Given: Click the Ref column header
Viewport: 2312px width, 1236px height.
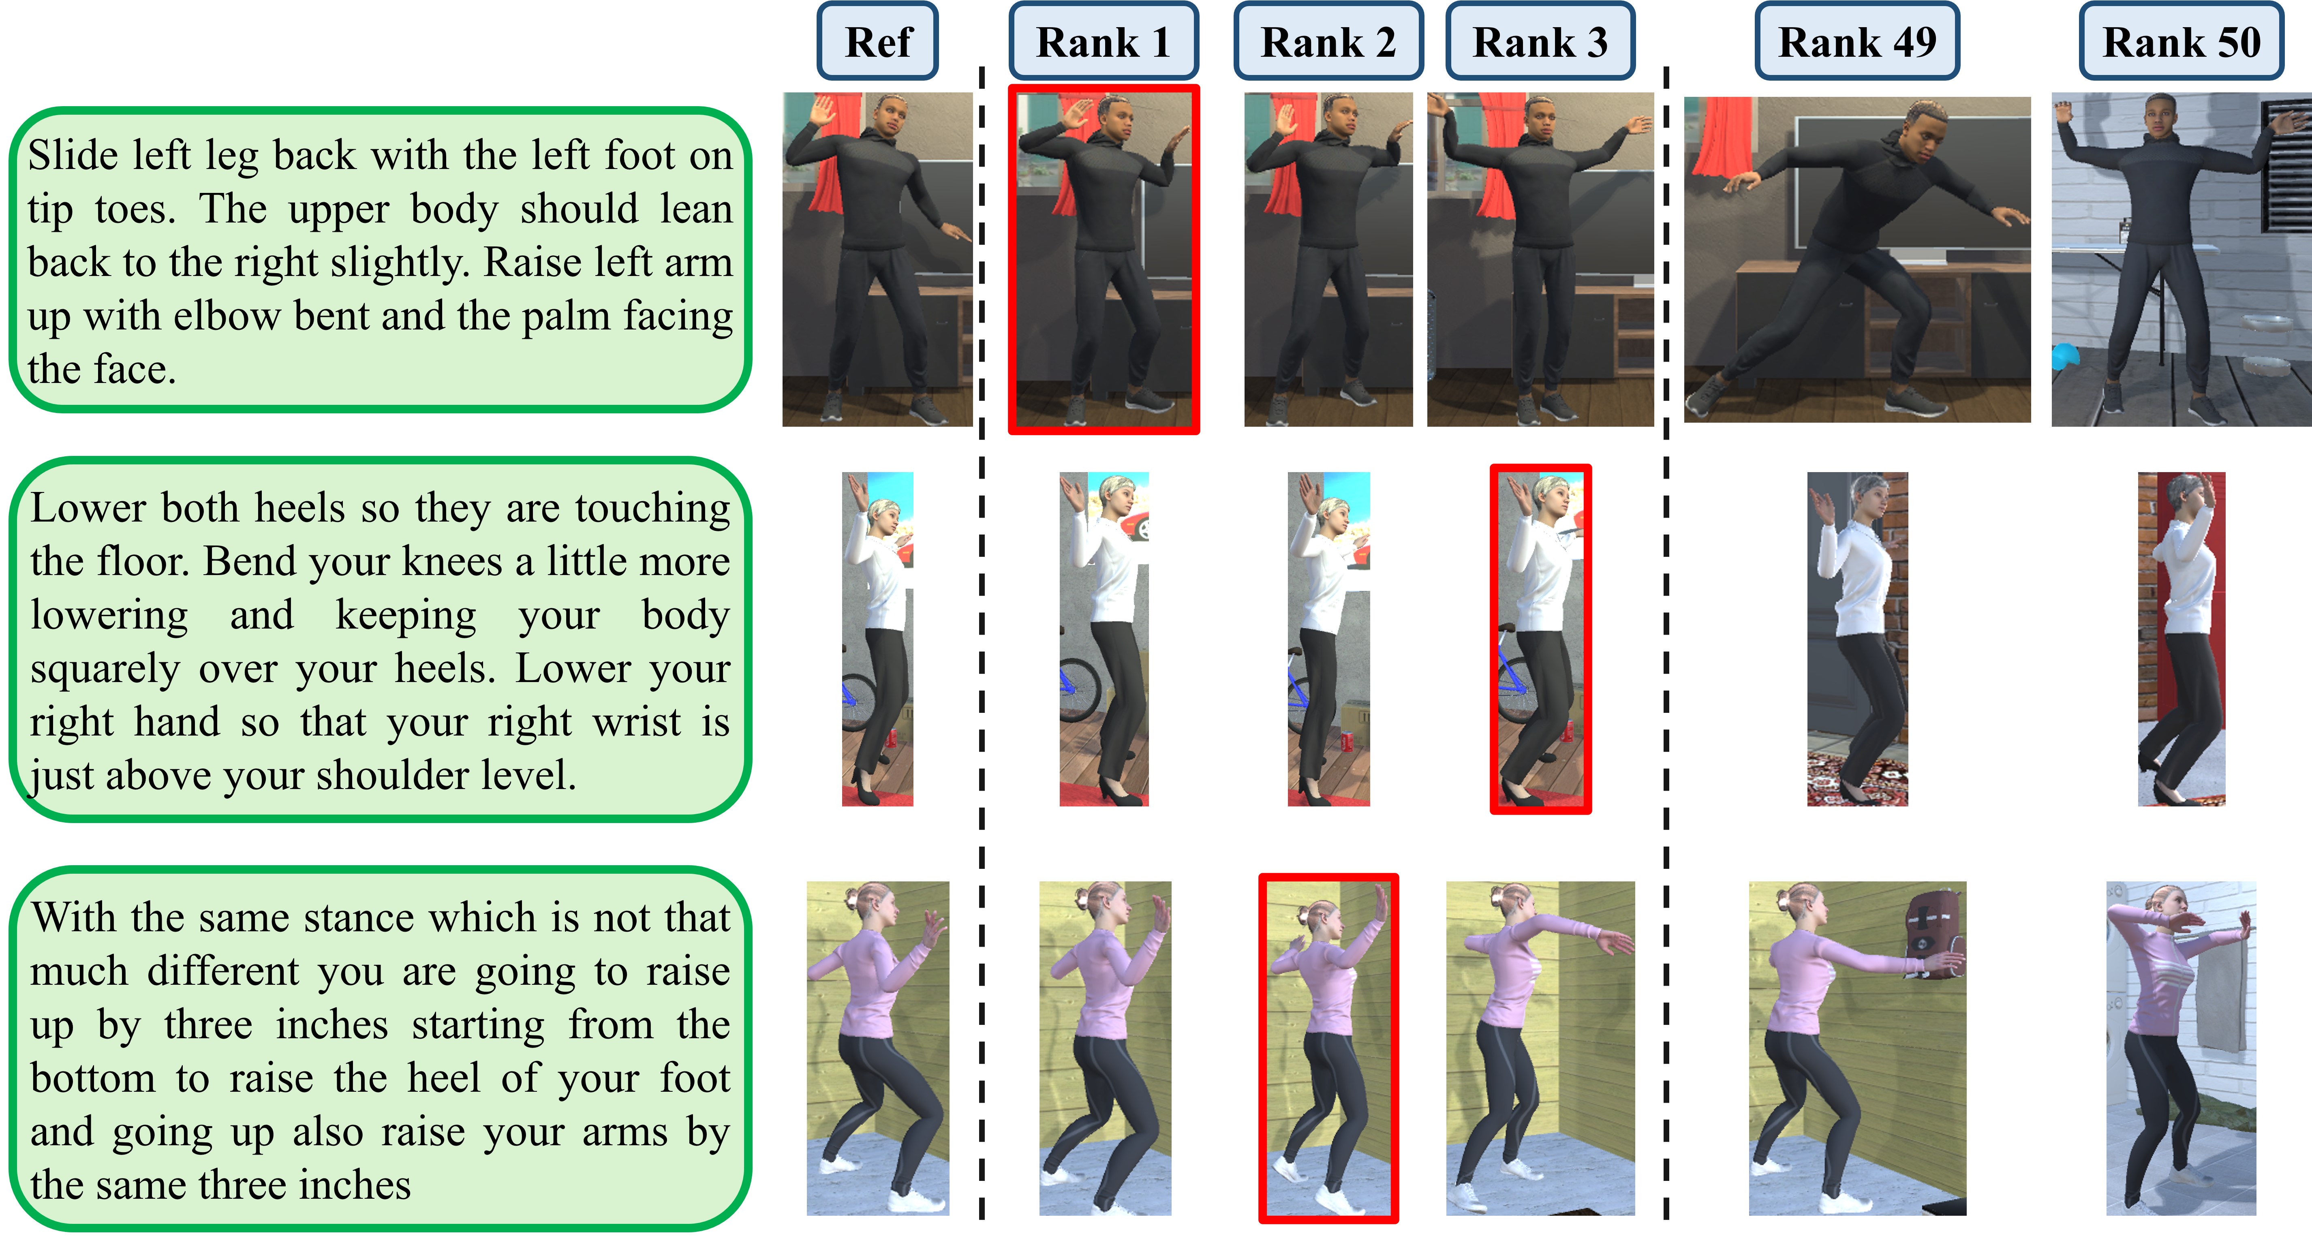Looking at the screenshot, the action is pyautogui.click(x=878, y=41).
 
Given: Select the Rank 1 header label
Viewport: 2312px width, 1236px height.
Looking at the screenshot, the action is pyautogui.click(x=1103, y=41).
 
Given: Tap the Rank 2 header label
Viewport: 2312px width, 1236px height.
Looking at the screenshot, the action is pyautogui.click(x=1328, y=41).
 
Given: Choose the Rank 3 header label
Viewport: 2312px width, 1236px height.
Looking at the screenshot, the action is pyautogui.click(x=1540, y=41).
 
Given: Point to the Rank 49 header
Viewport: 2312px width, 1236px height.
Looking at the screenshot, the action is pyautogui.click(x=1857, y=41).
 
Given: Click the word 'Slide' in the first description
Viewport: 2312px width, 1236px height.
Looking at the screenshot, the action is pyautogui.click(x=74, y=155).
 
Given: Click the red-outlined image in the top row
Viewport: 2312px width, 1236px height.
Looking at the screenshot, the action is pyautogui.click(x=1104, y=259).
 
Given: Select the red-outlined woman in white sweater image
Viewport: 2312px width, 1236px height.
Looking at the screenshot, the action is pyautogui.click(x=1540, y=639).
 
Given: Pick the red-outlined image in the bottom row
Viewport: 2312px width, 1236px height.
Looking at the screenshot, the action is pyautogui.click(x=1328, y=1048).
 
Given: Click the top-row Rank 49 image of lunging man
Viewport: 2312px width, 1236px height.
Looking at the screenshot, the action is pyautogui.click(x=1857, y=259).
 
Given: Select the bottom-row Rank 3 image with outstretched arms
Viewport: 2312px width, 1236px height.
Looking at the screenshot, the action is pyautogui.click(x=1540, y=1048).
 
